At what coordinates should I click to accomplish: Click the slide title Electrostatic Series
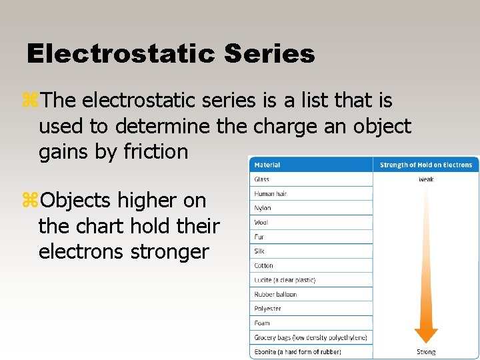click(x=171, y=54)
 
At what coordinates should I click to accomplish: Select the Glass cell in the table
click(x=261, y=179)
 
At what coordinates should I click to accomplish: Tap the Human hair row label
click(x=271, y=193)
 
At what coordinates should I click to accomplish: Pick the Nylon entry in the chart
click(x=263, y=208)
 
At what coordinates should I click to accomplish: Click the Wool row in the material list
click(x=261, y=223)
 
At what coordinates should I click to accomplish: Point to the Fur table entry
click(x=259, y=237)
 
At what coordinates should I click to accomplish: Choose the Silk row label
click(x=259, y=251)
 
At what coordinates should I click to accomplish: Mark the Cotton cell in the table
click(x=263, y=265)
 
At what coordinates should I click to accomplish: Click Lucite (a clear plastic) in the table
click(x=285, y=280)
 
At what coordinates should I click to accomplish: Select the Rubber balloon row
click(x=275, y=294)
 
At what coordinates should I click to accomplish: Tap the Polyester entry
click(x=267, y=309)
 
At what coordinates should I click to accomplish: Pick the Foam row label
click(x=261, y=323)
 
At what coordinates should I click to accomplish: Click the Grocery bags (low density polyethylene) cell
click(x=310, y=337)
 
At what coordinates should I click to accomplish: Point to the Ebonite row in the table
click(x=297, y=352)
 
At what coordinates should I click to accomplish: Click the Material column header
click(x=267, y=165)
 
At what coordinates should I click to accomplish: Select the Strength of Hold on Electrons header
click(x=425, y=165)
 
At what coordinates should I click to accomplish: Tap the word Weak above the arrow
click(x=426, y=179)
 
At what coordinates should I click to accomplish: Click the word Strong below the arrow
click(x=426, y=352)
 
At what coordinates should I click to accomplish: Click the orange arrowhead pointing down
click(x=426, y=335)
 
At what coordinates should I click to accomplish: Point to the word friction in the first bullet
click(x=156, y=152)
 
